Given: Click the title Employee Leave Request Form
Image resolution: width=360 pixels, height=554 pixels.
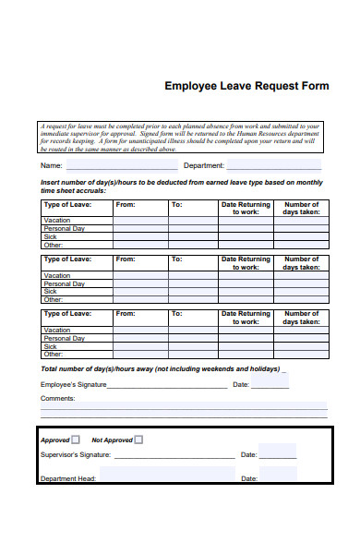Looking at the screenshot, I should [x=246, y=86].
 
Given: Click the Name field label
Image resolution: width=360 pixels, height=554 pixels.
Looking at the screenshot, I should [x=51, y=166].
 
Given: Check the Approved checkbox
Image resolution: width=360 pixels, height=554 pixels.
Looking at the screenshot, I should [x=76, y=440].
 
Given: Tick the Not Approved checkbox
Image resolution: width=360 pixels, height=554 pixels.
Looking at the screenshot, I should [x=138, y=440].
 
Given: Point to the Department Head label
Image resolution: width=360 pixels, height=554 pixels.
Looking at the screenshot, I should [x=68, y=479].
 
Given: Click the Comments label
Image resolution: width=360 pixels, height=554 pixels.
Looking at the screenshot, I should [x=57, y=398].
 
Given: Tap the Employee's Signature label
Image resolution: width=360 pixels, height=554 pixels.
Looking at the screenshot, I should [x=74, y=384].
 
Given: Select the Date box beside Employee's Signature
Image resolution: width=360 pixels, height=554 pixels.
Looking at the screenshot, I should [x=290, y=381].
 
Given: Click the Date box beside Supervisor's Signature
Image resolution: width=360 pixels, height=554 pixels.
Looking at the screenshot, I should [x=277, y=452].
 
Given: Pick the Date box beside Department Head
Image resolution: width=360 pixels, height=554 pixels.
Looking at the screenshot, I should [x=277, y=476].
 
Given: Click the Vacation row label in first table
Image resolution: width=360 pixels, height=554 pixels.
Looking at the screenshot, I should [x=57, y=222].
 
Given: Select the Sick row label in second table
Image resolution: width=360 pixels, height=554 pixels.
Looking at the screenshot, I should [x=51, y=291].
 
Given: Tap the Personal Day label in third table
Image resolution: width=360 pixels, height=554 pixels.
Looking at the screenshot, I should [x=65, y=338].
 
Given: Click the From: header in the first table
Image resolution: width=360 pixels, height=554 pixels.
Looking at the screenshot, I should [x=126, y=204].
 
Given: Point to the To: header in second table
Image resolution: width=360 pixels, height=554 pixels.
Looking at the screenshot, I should [x=176, y=259].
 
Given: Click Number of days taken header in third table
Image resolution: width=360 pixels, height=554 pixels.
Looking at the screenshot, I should [x=302, y=318].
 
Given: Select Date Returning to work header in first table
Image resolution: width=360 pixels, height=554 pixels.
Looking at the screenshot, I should [x=246, y=208].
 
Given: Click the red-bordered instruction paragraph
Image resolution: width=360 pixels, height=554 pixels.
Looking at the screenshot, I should [x=180, y=137].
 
